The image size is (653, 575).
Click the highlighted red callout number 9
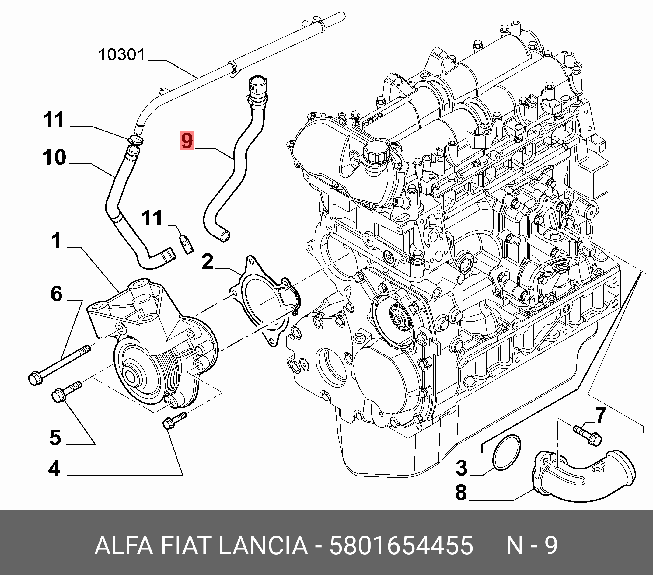pyautogui.click(x=187, y=141)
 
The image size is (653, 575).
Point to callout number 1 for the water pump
pyautogui.click(x=57, y=241)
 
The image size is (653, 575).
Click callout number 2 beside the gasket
pyautogui.click(x=207, y=262)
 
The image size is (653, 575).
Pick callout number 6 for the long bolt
pyautogui.click(x=57, y=294)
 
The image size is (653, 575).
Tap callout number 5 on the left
pyautogui.click(x=55, y=437)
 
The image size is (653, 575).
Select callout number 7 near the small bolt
pyautogui.click(x=601, y=415)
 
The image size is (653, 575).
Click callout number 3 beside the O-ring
pyautogui.click(x=462, y=468)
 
